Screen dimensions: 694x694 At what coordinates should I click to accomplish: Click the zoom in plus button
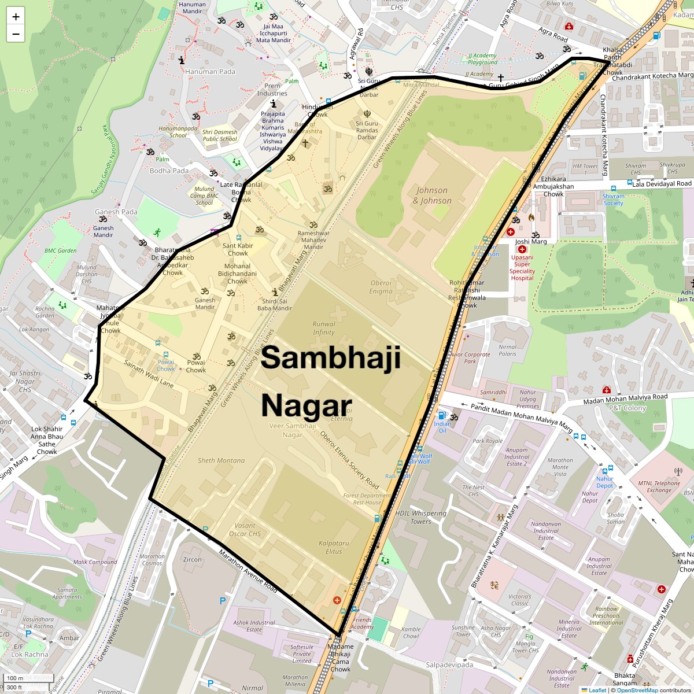pyautogui.click(x=16, y=17)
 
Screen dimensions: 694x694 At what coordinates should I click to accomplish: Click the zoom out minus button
pyautogui.click(x=16, y=34)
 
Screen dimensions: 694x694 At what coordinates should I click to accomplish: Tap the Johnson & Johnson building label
pyautogui.click(x=432, y=195)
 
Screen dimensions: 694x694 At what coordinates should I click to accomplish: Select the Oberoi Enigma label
pyautogui.click(x=381, y=287)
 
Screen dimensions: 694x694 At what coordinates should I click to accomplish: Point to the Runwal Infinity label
pyautogui.click(x=324, y=328)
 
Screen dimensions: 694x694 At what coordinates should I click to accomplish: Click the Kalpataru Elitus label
pyautogui.click(x=334, y=547)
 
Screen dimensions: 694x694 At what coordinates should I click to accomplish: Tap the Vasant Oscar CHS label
pyautogui.click(x=245, y=530)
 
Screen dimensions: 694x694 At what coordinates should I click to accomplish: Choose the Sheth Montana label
pyautogui.click(x=221, y=460)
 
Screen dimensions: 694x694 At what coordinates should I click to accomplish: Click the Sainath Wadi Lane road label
pyautogui.click(x=149, y=374)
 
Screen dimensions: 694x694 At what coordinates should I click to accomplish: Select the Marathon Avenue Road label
pyautogui.click(x=248, y=571)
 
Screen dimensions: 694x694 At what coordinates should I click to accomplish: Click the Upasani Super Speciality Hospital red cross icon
pyautogui.click(x=522, y=249)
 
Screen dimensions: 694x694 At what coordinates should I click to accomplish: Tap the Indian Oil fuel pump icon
pyautogui.click(x=442, y=415)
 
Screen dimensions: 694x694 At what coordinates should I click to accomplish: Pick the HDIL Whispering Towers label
pyautogui.click(x=421, y=517)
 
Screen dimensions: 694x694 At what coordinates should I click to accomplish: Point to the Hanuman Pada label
pyautogui.click(x=211, y=72)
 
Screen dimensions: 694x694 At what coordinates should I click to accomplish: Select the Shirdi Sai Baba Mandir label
pyautogui.click(x=275, y=304)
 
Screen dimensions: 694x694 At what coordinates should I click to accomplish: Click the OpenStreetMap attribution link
pyautogui.click(x=637, y=690)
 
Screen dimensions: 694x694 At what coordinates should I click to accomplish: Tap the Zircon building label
pyautogui.click(x=193, y=559)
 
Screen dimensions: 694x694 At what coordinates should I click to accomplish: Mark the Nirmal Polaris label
pyautogui.click(x=508, y=350)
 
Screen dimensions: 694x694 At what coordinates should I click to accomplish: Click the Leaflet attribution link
pyautogui.click(x=597, y=690)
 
